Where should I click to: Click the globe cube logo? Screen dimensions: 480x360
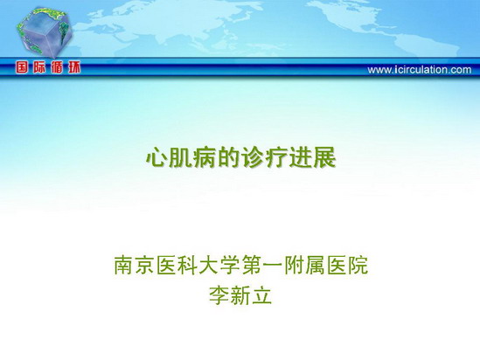tap(44, 32)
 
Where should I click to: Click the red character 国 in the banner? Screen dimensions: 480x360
tap(22, 67)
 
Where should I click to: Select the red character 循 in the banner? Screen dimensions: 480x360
tap(57, 67)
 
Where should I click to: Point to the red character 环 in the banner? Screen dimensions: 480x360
tap(74, 67)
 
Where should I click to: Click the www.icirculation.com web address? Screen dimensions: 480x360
tap(420, 70)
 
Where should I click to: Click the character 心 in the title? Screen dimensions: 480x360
tap(157, 157)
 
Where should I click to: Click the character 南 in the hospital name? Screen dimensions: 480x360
tap(124, 265)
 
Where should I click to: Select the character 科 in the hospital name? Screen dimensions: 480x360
tap(188, 265)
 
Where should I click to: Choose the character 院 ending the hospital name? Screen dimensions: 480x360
tap(358, 265)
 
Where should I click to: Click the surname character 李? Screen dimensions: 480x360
tap(219, 294)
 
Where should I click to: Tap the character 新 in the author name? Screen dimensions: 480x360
tap(240, 294)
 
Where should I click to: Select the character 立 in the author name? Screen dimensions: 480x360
tap(262, 294)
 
